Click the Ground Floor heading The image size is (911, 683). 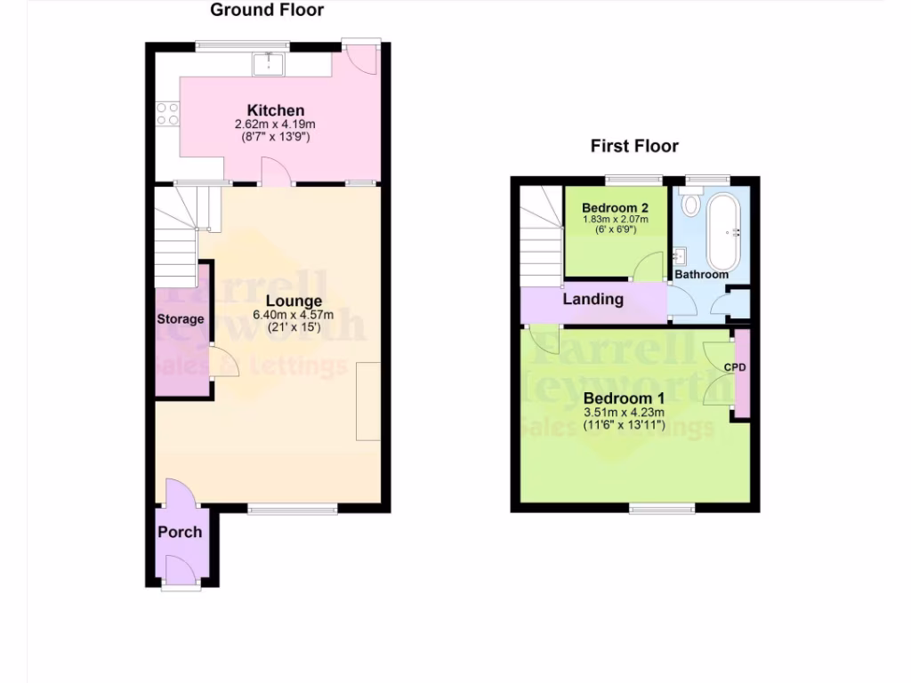point(266,11)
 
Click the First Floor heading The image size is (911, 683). point(634,146)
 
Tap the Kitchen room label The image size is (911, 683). point(275,110)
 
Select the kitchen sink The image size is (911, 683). point(268,62)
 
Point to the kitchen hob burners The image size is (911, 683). point(167,114)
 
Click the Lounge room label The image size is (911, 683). point(294,301)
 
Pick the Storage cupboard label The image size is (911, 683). point(181,319)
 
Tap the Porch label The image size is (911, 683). point(180,532)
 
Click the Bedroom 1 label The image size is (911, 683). point(621,398)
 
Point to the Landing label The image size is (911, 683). point(593,299)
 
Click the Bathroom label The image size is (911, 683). point(701,275)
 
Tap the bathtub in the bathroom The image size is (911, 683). point(722,232)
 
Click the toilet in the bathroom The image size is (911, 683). point(689,202)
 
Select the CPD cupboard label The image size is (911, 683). point(735,366)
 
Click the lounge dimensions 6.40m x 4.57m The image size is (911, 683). point(294,315)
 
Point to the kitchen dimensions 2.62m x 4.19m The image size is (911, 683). point(275,125)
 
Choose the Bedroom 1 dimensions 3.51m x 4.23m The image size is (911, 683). point(621,413)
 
